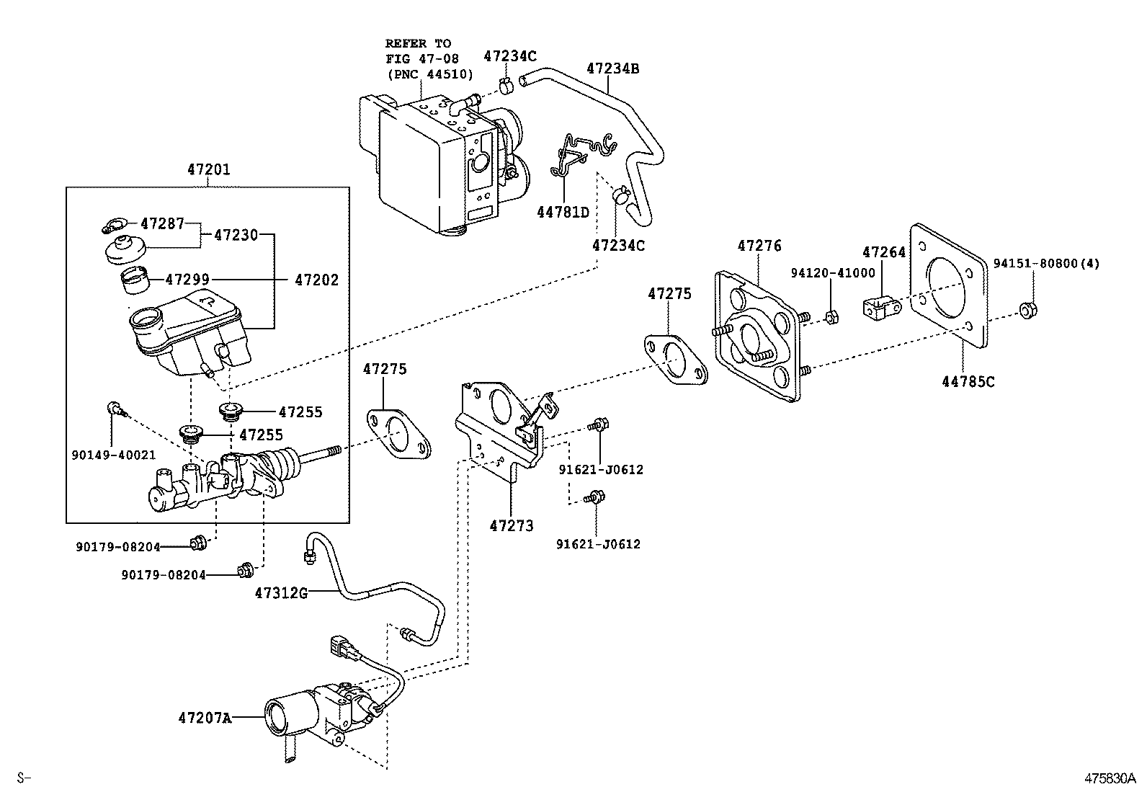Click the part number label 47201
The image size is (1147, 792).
tap(209, 170)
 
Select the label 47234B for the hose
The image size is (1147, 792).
tap(612, 69)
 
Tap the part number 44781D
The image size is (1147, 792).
tap(563, 212)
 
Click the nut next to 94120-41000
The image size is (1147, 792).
tap(831, 316)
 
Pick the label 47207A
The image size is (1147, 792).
tap(205, 718)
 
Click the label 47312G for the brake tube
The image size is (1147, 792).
tap(281, 593)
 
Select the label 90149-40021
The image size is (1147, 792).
tap(113, 455)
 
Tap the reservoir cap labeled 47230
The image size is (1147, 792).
tap(125, 250)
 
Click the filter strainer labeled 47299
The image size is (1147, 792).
tap(135, 281)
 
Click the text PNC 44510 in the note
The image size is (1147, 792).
tap(430, 74)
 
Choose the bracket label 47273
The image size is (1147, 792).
tap(512, 525)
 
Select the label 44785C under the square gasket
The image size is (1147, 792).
tap(968, 382)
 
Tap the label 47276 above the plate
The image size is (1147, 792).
tap(759, 246)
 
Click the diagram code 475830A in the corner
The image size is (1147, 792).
tap(1110, 778)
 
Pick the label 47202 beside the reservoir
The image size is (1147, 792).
tap(316, 280)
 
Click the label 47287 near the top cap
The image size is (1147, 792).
tap(162, 223)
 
